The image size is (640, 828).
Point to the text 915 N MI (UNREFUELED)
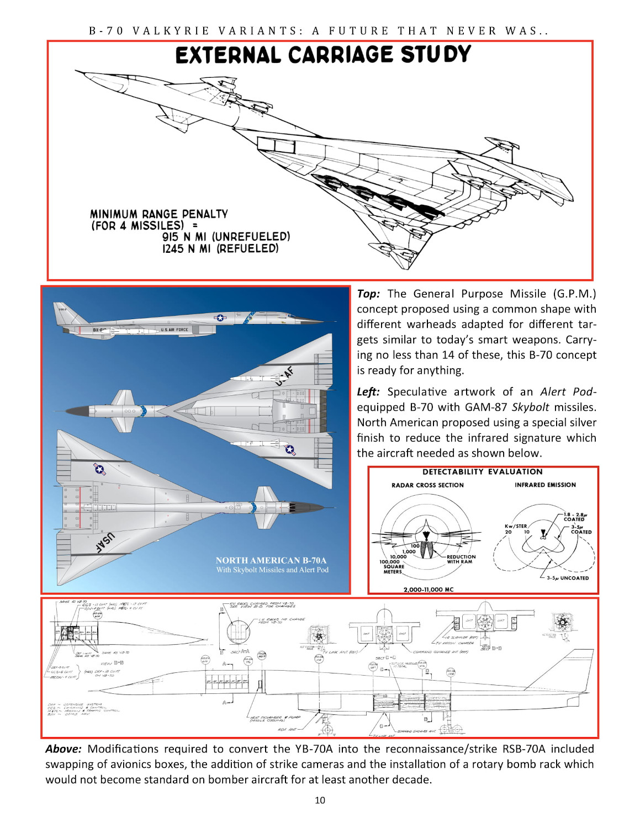point(226,237)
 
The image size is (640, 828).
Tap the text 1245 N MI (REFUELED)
point(220,249)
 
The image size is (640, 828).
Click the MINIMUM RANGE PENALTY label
point(159,214)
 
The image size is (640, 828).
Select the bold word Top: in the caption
point(368,294)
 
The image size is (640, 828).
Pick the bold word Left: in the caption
point(368,392)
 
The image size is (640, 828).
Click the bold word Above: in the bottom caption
point(63,749)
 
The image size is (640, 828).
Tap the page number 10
point(320,800)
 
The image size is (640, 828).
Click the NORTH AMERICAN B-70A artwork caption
point(271,560)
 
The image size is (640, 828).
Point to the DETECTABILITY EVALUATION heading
point(482,472)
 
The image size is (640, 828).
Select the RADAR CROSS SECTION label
point(427,485)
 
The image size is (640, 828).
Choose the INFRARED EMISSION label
point(545,485)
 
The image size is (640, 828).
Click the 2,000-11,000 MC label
point(428,590)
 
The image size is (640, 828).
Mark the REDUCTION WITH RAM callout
point(461,559)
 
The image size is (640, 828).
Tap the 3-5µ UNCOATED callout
point(567,578)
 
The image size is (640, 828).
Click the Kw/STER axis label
point(515,526)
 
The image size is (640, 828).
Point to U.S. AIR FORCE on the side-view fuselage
point(174,330)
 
